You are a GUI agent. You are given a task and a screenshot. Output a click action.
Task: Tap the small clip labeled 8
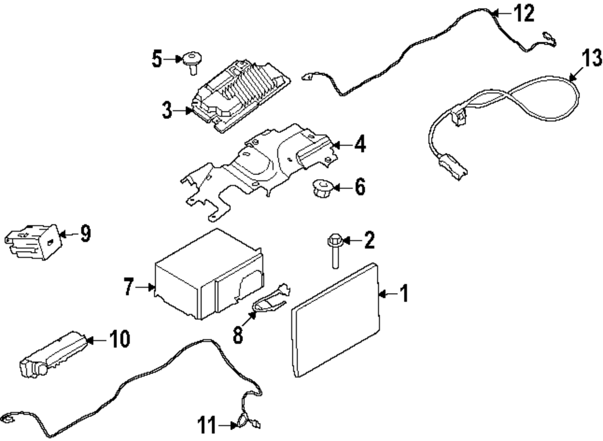tap(270, 300)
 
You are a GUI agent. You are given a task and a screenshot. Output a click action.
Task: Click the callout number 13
tap(591, 58)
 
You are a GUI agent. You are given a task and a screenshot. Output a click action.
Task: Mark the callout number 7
tap(128, 288)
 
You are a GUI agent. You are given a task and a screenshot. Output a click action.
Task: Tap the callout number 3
tap(167, 110)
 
